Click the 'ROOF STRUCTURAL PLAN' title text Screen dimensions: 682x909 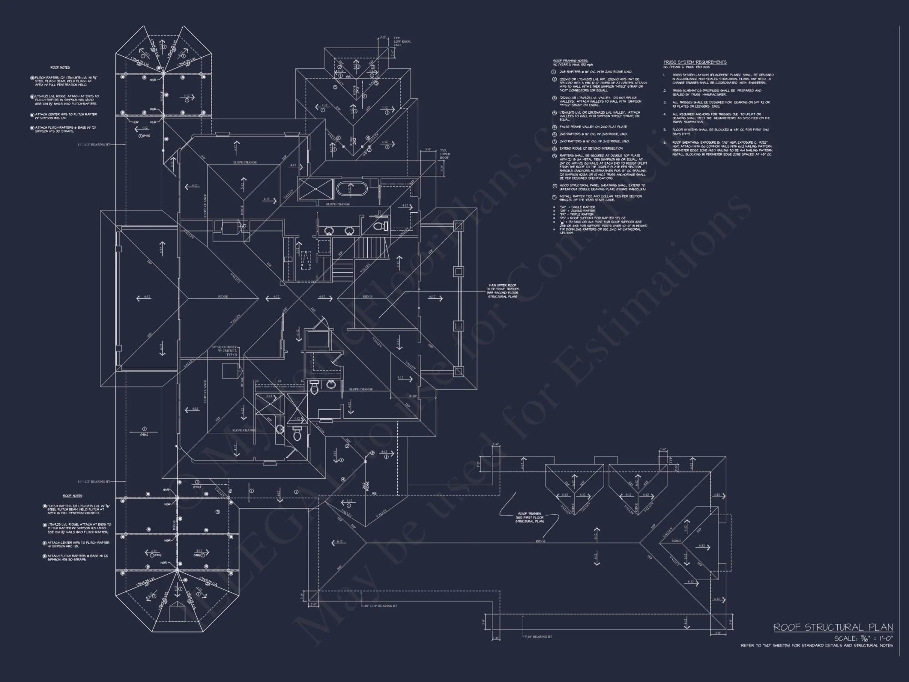pos(833,627)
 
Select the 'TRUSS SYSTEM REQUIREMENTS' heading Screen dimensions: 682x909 pos(694,62)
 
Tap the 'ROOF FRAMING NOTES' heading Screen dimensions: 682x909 pos(570,60)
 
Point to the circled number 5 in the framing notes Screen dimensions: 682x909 pos(554,127)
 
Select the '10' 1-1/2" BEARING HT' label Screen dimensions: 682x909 pos(381,606)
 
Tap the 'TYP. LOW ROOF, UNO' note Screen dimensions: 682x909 pos(402,42)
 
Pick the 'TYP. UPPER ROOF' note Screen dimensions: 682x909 pos(445,154)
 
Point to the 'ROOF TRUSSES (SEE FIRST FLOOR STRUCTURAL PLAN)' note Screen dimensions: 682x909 pos(529,517)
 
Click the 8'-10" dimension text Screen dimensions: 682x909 pos(413,396)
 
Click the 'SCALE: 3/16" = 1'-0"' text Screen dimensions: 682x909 pos(863,638)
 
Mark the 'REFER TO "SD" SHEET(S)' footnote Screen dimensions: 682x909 pos(816,646)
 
